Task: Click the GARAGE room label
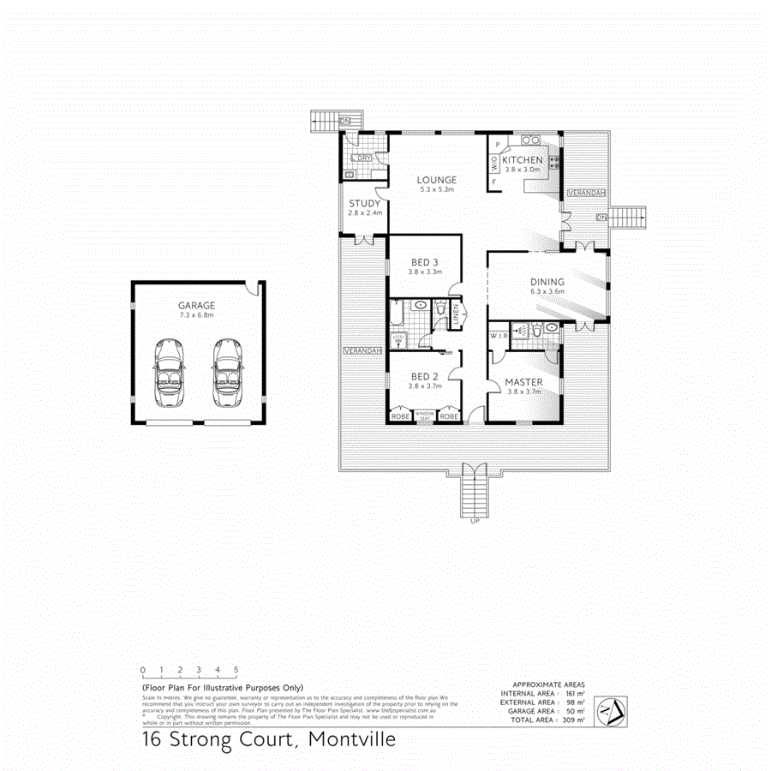[196, 305]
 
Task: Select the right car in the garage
[226, 372]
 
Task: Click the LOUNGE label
[437, 180]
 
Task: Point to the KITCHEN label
[523, 160]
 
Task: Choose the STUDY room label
[364, 204]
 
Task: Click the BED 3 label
[425, 262]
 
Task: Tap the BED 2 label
[425, 377]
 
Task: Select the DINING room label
[547, 282]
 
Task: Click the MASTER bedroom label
[523, 382]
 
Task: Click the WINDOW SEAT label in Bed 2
[426, 416]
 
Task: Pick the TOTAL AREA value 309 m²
[575, 720]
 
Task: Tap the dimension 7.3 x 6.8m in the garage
[196, 316]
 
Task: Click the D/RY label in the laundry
[363, 158]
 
